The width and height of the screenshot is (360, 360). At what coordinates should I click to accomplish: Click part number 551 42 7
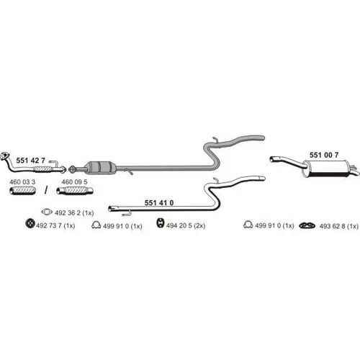point(30,161)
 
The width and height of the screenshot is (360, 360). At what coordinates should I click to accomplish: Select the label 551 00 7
point(324,155)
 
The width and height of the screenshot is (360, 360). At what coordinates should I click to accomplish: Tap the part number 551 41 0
point(159,203)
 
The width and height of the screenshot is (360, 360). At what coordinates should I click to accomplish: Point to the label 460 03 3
point(22,182)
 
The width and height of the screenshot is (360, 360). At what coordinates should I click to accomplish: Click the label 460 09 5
point(74,182)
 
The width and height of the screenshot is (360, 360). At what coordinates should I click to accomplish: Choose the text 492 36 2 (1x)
point(74,213)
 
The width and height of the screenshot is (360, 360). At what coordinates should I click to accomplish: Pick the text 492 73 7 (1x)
point(55,225)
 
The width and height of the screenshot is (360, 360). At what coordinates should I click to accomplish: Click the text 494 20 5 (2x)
point(186,225)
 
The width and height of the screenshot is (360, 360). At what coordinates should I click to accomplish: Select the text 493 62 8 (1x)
point(339,226)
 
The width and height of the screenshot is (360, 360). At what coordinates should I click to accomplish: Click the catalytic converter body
point(100,167)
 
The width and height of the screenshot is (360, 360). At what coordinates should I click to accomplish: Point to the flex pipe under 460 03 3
point(22,191)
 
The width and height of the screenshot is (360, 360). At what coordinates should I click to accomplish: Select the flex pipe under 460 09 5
point(75,191)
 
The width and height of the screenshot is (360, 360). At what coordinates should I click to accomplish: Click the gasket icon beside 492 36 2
point(47,212)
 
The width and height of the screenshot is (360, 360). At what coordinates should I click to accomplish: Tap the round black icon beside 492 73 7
point(30,223)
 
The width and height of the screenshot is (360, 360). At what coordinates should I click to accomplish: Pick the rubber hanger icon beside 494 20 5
point(160,223)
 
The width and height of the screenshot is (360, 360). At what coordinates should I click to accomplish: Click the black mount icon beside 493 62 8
point(307,225)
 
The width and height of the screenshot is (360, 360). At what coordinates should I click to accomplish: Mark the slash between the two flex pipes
point(46,190)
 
